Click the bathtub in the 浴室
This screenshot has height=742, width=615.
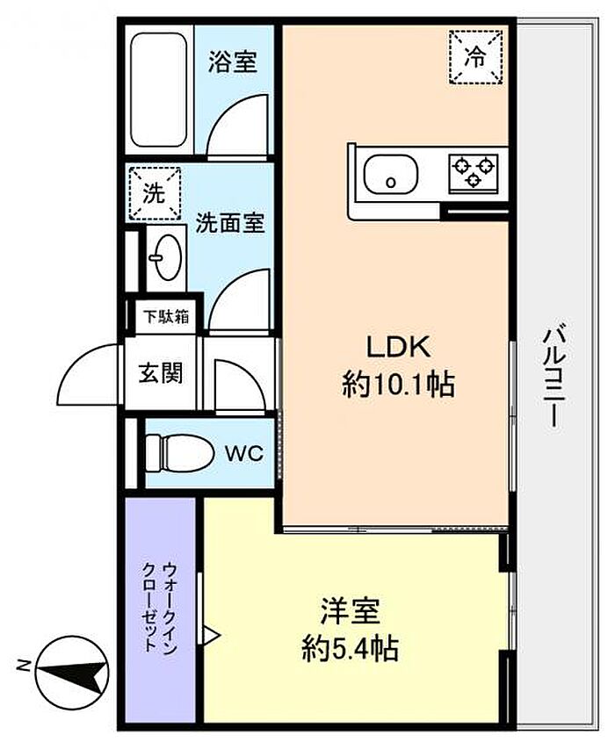158,90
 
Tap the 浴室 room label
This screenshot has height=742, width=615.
233,61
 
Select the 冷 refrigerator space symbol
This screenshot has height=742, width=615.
475,57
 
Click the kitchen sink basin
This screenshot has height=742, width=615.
391,174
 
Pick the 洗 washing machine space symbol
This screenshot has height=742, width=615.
155,193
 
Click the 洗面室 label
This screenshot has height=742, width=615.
230,222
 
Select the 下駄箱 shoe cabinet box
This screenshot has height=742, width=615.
166,316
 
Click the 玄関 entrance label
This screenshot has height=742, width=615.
161,373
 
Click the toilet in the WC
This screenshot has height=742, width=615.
177,453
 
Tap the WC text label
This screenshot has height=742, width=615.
244,454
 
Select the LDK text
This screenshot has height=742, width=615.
399,347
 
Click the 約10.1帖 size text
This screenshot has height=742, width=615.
398,385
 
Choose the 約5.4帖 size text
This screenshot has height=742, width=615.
351,648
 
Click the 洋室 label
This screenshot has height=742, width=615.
351,610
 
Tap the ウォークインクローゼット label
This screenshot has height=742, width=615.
160,607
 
